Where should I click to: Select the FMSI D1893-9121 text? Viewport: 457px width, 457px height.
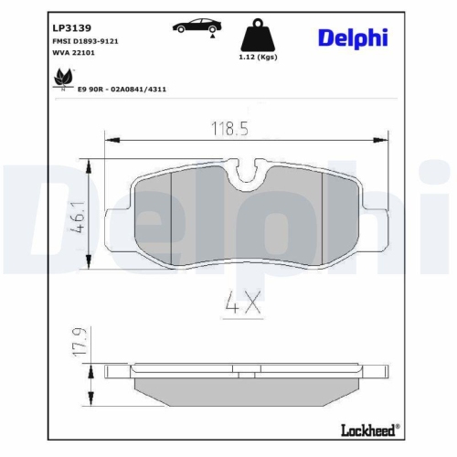[78, 42]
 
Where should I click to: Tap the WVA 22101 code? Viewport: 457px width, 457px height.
[66, 55]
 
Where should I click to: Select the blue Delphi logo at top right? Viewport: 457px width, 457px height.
[353, 37]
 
